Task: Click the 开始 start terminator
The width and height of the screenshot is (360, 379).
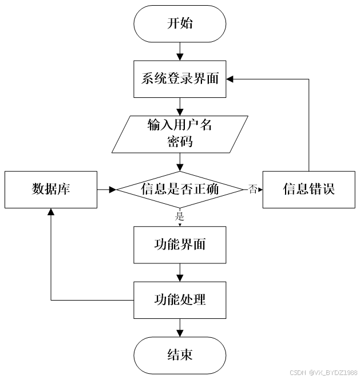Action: click(180, 23)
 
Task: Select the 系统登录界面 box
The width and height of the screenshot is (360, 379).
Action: click(180, 78)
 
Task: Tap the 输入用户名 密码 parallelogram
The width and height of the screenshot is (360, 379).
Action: click(180, 134)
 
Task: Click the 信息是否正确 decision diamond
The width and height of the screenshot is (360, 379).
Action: click(180, 189)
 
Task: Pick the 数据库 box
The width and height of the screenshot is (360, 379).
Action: click(51, 189)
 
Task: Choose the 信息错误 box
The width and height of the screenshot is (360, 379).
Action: click(308, 189)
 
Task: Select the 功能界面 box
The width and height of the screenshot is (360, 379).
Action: click(180, 244)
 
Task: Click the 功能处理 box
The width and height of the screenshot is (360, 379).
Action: click(180, 299)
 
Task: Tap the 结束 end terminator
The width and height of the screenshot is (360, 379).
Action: click(180, 355)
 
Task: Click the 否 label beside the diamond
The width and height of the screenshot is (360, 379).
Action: click(252, 188)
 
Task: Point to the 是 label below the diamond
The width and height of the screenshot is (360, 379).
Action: click(179, 216)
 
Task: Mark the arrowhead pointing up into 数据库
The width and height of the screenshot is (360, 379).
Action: click(51, 212)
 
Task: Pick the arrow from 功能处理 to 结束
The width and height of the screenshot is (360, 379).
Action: click(180, 327)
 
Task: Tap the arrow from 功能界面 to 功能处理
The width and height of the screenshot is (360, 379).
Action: click(180, 272)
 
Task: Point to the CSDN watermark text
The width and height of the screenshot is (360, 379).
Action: click(324, 372)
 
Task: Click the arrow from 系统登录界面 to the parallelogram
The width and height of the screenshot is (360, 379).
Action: click(180, 106)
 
